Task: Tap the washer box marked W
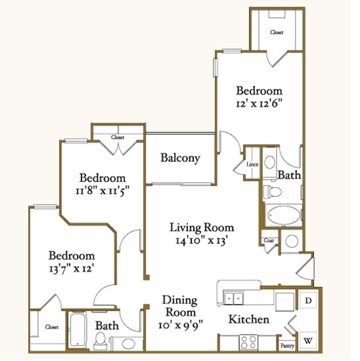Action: coord(309,341)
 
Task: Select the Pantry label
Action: coord(287,345)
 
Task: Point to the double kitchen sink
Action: coord(233,298)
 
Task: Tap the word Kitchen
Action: coord(248,320)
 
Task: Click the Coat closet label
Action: coord(269,240)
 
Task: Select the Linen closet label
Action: coord(252,164)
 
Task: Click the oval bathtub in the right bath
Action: coord(283,215)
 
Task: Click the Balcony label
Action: coord(180,158)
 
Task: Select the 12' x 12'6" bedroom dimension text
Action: coord(259,104)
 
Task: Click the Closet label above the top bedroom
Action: coord(277,32)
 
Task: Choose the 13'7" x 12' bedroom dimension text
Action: coord(70,268)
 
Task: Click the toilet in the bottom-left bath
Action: coord(101,339)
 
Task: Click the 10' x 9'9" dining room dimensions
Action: coord(180,324)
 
